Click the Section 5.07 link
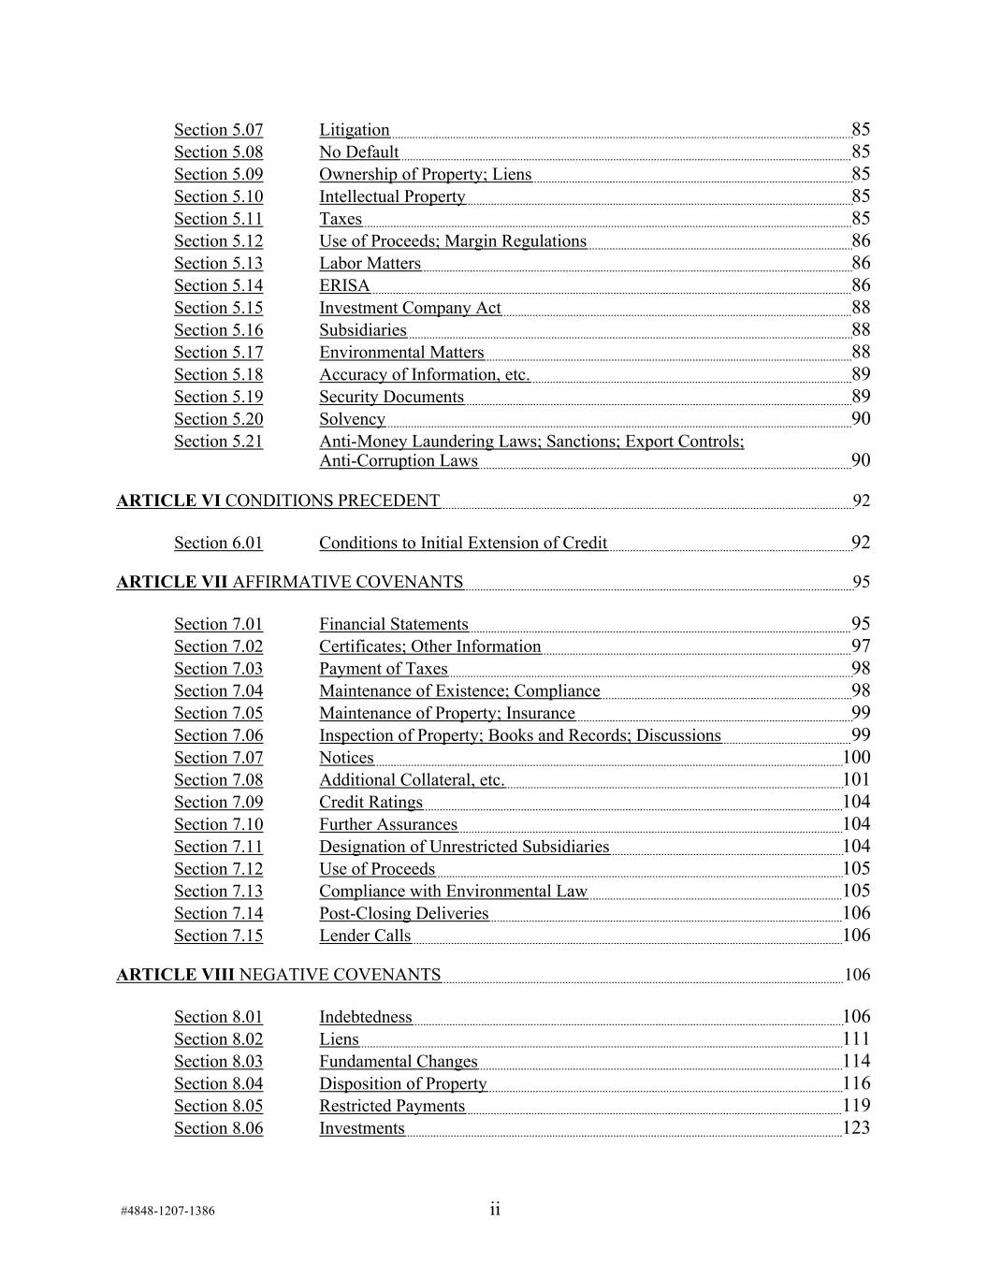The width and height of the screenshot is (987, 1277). click(218, 130)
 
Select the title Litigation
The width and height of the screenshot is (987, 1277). click(354, 130)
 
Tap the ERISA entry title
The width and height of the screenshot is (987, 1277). click(344, 285)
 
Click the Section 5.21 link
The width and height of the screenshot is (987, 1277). click(218, 442)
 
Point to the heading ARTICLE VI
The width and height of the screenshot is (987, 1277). click(168, 501)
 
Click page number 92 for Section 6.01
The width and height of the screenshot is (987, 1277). click(860, 543)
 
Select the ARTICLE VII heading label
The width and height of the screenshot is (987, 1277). click(172, 582)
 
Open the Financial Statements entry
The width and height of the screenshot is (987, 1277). click(393, 624)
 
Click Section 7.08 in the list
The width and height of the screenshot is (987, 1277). click(218, 780)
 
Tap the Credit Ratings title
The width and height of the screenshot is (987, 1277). click(370, 803)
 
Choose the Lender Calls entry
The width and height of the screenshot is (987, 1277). click(364, 936)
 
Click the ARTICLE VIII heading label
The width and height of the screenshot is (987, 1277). click(175, 975)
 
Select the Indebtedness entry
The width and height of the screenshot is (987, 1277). click(365, 1017)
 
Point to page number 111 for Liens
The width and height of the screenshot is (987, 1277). click(856, 1038)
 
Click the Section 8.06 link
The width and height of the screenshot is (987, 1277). click(218, 1128)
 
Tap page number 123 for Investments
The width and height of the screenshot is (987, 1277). click(856, 1128)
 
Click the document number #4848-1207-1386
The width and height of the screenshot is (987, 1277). click(167, 1211)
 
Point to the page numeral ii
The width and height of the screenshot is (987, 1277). click(495, 1209)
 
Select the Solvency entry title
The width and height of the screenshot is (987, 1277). click(352, 419)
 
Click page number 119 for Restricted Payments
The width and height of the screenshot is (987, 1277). click(856, 1106)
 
